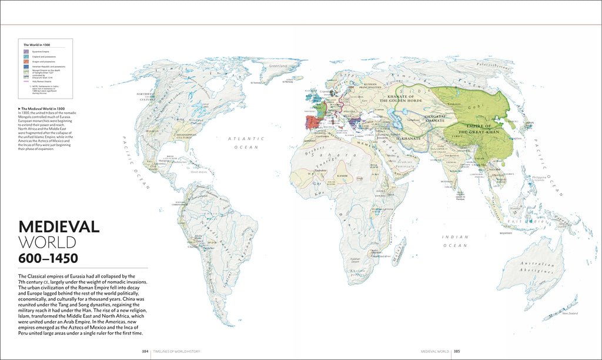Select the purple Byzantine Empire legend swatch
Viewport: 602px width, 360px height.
pos(26,52)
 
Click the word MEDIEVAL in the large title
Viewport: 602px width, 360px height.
pos(59,227)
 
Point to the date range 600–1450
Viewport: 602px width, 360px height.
pos(48,258)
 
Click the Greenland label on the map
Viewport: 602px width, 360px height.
pos(277,66)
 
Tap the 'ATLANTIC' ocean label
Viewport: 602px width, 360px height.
pos(246,139)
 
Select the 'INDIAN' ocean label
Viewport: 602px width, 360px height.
pos(455,236)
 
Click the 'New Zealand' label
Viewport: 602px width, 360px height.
pos(570,313)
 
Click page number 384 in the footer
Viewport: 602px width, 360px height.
pos(145,351)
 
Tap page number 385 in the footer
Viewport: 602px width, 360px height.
pos(456,351)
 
